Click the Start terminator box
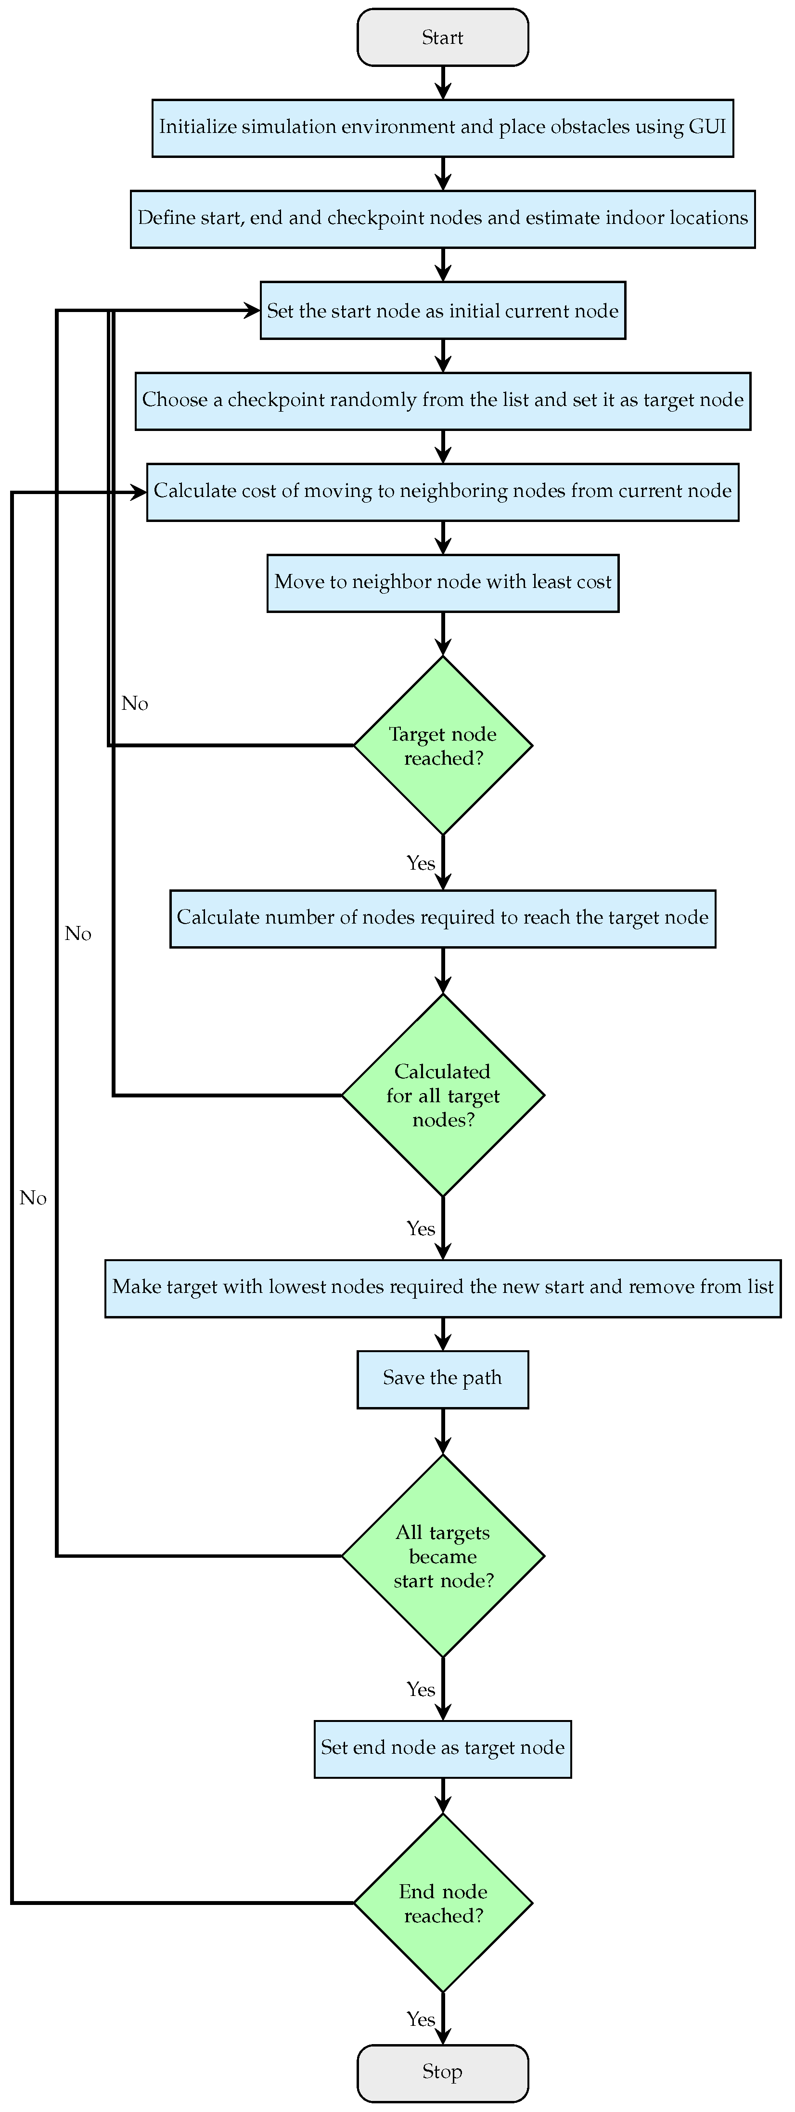tap(443, 38)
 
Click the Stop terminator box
tap(443, 2072)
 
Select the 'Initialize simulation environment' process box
tap(443, 128)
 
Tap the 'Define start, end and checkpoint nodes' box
tap(443, 219)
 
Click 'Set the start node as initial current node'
tap(443, 311)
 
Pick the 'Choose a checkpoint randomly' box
tap(443, 401)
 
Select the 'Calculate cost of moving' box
tap(443, 492)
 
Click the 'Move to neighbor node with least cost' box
tap(443, 583)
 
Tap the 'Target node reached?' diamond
tap(443, 745)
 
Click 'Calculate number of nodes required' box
tap(443, 918)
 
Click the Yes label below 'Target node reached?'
tap(421, 863)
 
